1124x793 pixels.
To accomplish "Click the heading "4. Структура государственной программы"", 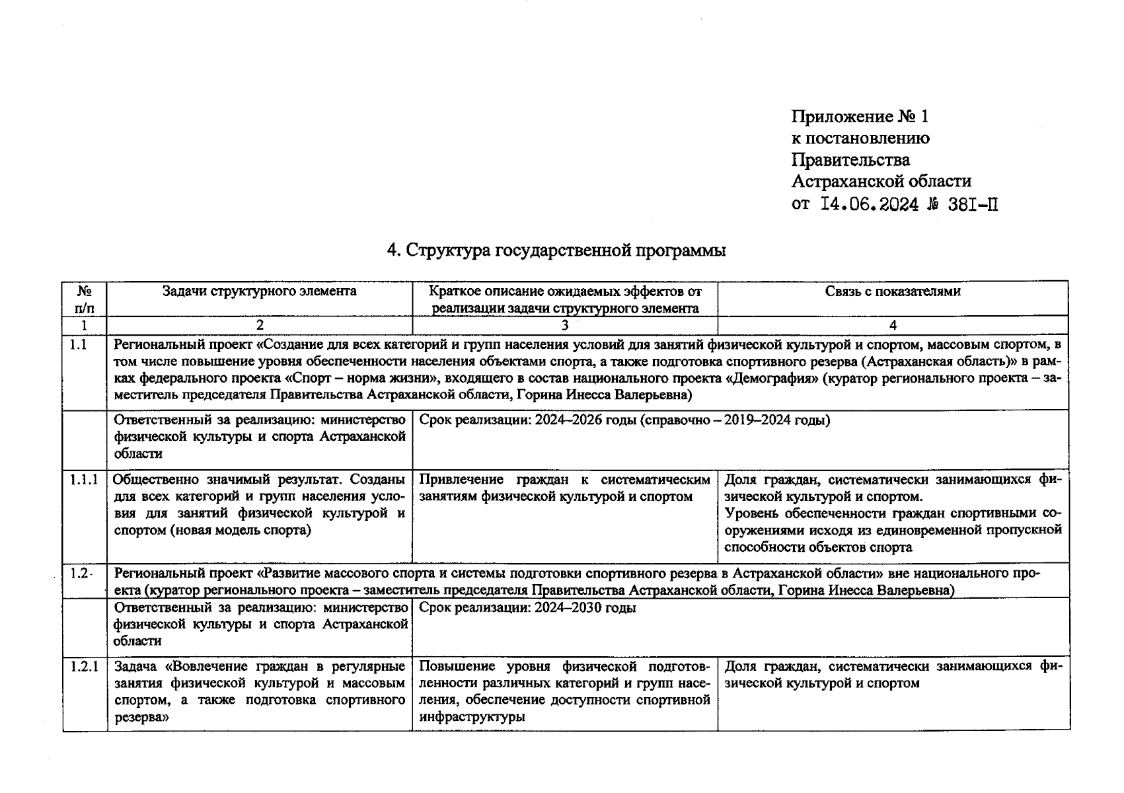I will pos(556,251).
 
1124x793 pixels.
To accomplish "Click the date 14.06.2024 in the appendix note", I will pos(869,204).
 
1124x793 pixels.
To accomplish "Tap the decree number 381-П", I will pos(973,204).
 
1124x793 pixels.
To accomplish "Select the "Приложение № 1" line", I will pos(859,117).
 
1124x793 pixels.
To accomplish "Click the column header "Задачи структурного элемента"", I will pos(260,291).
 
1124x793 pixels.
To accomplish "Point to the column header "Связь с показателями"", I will pos(893,291).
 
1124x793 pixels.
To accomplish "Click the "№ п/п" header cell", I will pos(84,299).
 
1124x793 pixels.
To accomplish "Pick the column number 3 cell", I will pos(564,325).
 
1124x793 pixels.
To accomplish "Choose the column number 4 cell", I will pos(893,325).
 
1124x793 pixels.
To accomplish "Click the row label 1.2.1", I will pos(84,666).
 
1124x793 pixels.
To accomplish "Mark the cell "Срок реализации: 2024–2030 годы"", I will pos(527,608).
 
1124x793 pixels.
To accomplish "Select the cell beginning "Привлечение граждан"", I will pos(564,488).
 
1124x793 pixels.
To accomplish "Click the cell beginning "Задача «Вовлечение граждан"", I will pos(259,691).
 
